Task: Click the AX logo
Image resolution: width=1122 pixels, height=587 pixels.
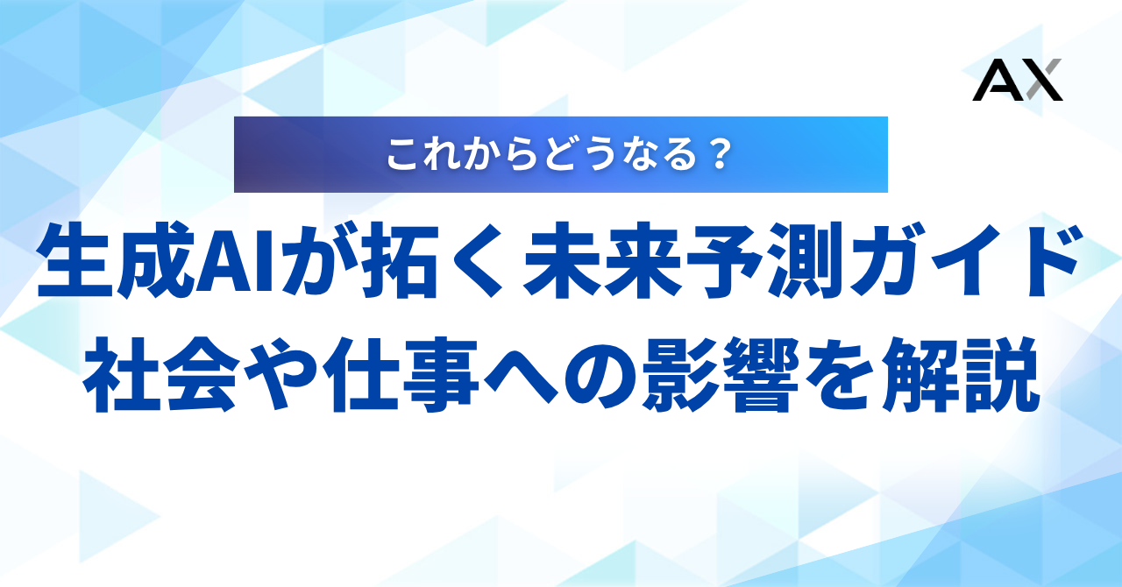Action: tap(1018, 80)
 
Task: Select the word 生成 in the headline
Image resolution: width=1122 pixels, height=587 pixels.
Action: tap(115, 260)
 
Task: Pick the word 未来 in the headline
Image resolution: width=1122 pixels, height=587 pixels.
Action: tap(602, 260)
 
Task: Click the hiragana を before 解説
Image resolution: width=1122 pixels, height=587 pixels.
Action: tap(841, 375)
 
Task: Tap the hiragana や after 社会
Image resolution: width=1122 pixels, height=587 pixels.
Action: tap(280, 375)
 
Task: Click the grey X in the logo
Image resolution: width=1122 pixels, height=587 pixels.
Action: tap(1043, 80)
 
